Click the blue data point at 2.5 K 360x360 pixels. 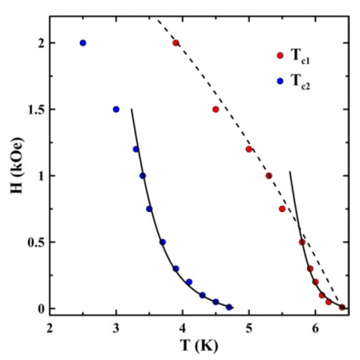click(82, 43)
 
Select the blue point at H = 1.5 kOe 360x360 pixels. click(116, 109)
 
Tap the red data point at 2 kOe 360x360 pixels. click(176, 43)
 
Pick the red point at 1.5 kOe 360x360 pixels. click(215, 109)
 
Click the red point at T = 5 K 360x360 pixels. click(249, 149)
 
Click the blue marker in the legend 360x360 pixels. click(280, 81)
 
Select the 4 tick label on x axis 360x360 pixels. click(183, 325)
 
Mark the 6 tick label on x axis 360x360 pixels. click(315, 325)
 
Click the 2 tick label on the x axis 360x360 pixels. click(50, 325)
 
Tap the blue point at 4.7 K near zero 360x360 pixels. click(229, 307)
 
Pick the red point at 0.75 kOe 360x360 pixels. click(282, 209)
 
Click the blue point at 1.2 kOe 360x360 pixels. click(136, 149)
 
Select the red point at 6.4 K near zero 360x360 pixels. click(342, 307)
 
